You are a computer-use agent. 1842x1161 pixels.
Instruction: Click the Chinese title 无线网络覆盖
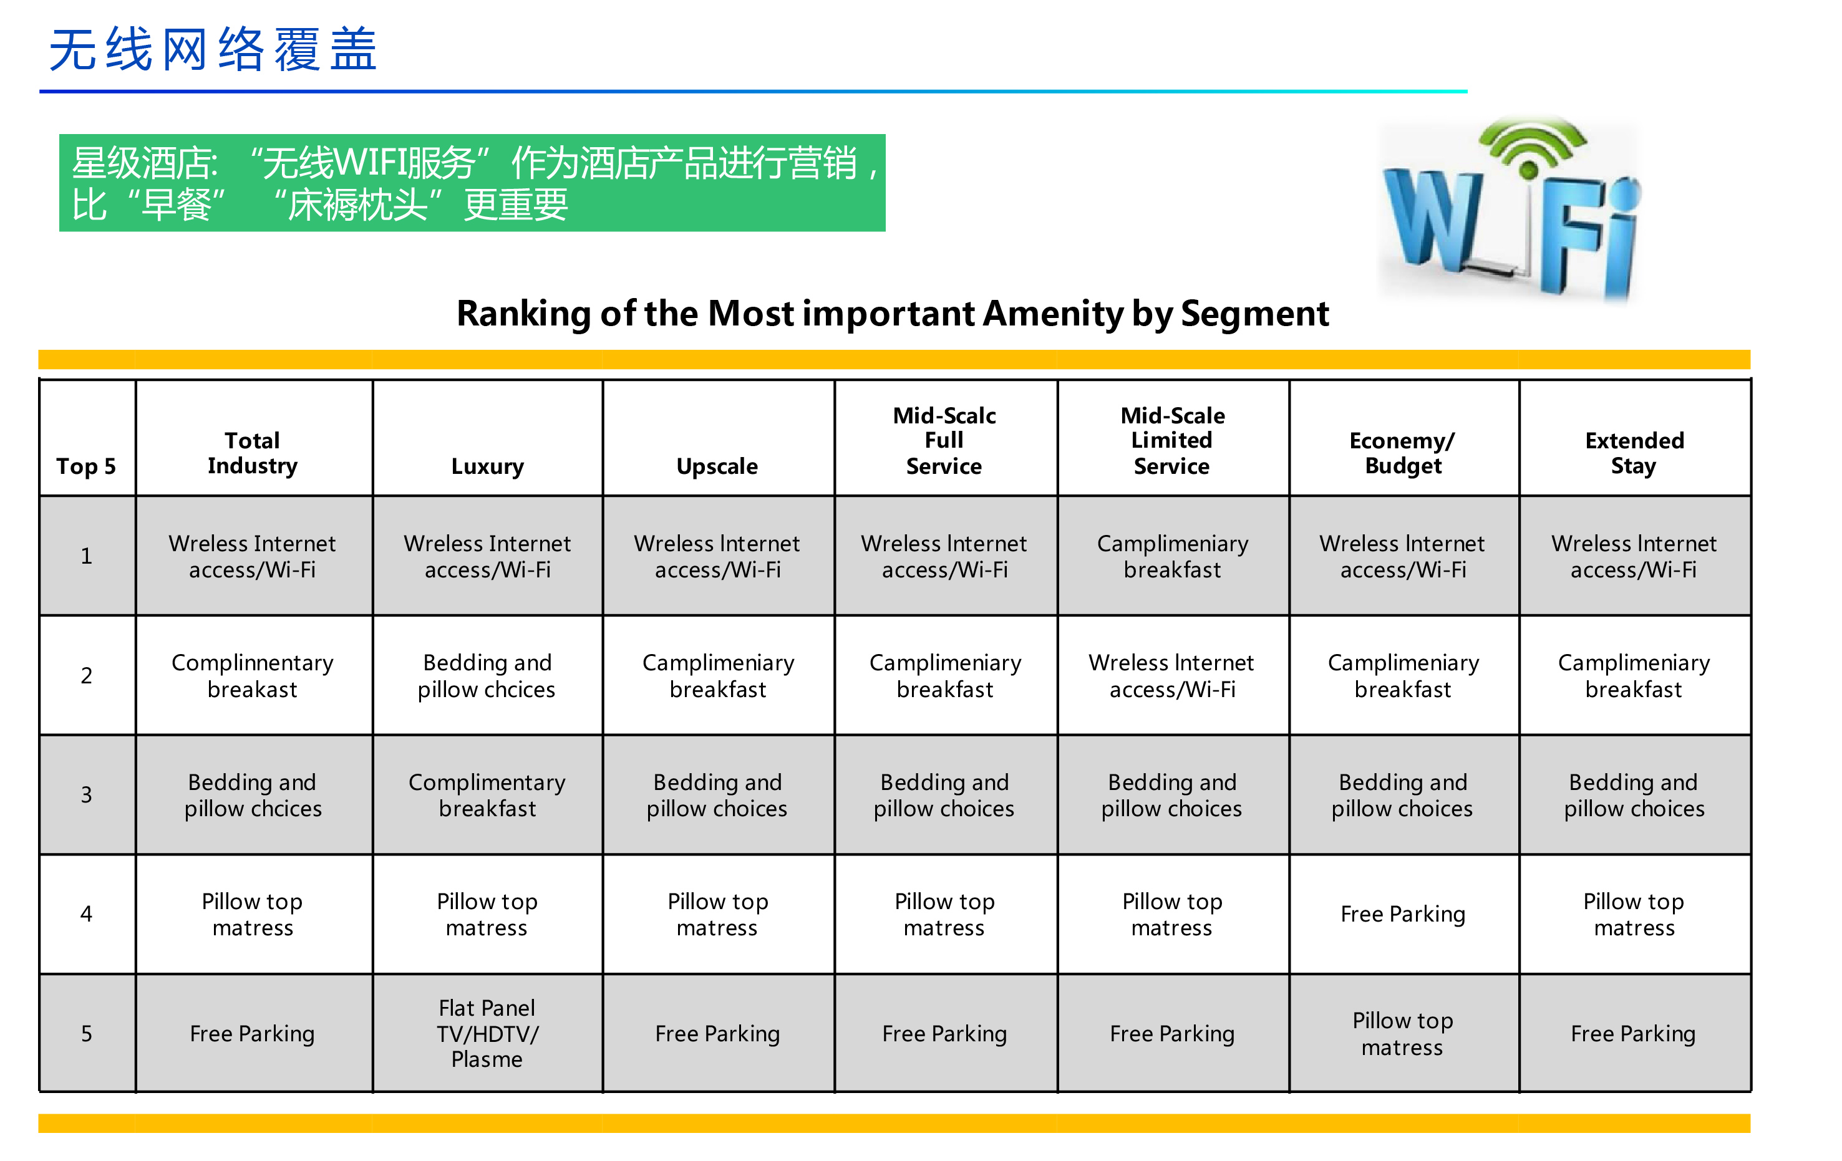coord(213,50)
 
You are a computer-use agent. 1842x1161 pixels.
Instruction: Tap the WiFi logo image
coord(1511,208)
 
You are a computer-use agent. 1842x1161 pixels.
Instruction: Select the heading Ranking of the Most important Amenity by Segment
coord(893,314)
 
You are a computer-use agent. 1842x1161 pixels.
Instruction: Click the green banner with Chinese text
coord(472,183)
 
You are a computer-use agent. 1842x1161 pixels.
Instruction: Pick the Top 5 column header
coord(87,466)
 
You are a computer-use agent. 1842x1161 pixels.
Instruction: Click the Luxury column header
coord(487,466)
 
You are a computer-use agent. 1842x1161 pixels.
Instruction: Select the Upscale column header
coord(717,466)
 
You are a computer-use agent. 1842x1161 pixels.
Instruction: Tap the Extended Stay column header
coord(1634,453)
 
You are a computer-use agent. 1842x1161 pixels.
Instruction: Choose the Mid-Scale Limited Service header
coord(1172,441)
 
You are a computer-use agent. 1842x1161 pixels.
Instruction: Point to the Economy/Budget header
coord(1403,453)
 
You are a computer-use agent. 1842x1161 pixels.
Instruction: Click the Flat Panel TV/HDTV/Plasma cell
coord(487,1033)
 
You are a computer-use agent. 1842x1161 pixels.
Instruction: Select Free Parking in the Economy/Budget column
coord(1403,914)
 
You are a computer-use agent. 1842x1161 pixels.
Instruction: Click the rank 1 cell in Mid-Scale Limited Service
coord(1172,556)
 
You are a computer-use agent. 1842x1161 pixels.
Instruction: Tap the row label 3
coord(87,794)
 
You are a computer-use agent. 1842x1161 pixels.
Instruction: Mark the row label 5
coord(87,1033)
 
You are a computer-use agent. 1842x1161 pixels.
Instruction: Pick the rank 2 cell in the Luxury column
coord(487,675)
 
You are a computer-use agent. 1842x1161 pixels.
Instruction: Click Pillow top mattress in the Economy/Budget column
coord(1403,1033)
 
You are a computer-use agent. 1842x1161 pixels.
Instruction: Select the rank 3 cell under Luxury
coord(487,794)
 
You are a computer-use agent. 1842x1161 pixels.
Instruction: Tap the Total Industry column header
coord(253,453)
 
